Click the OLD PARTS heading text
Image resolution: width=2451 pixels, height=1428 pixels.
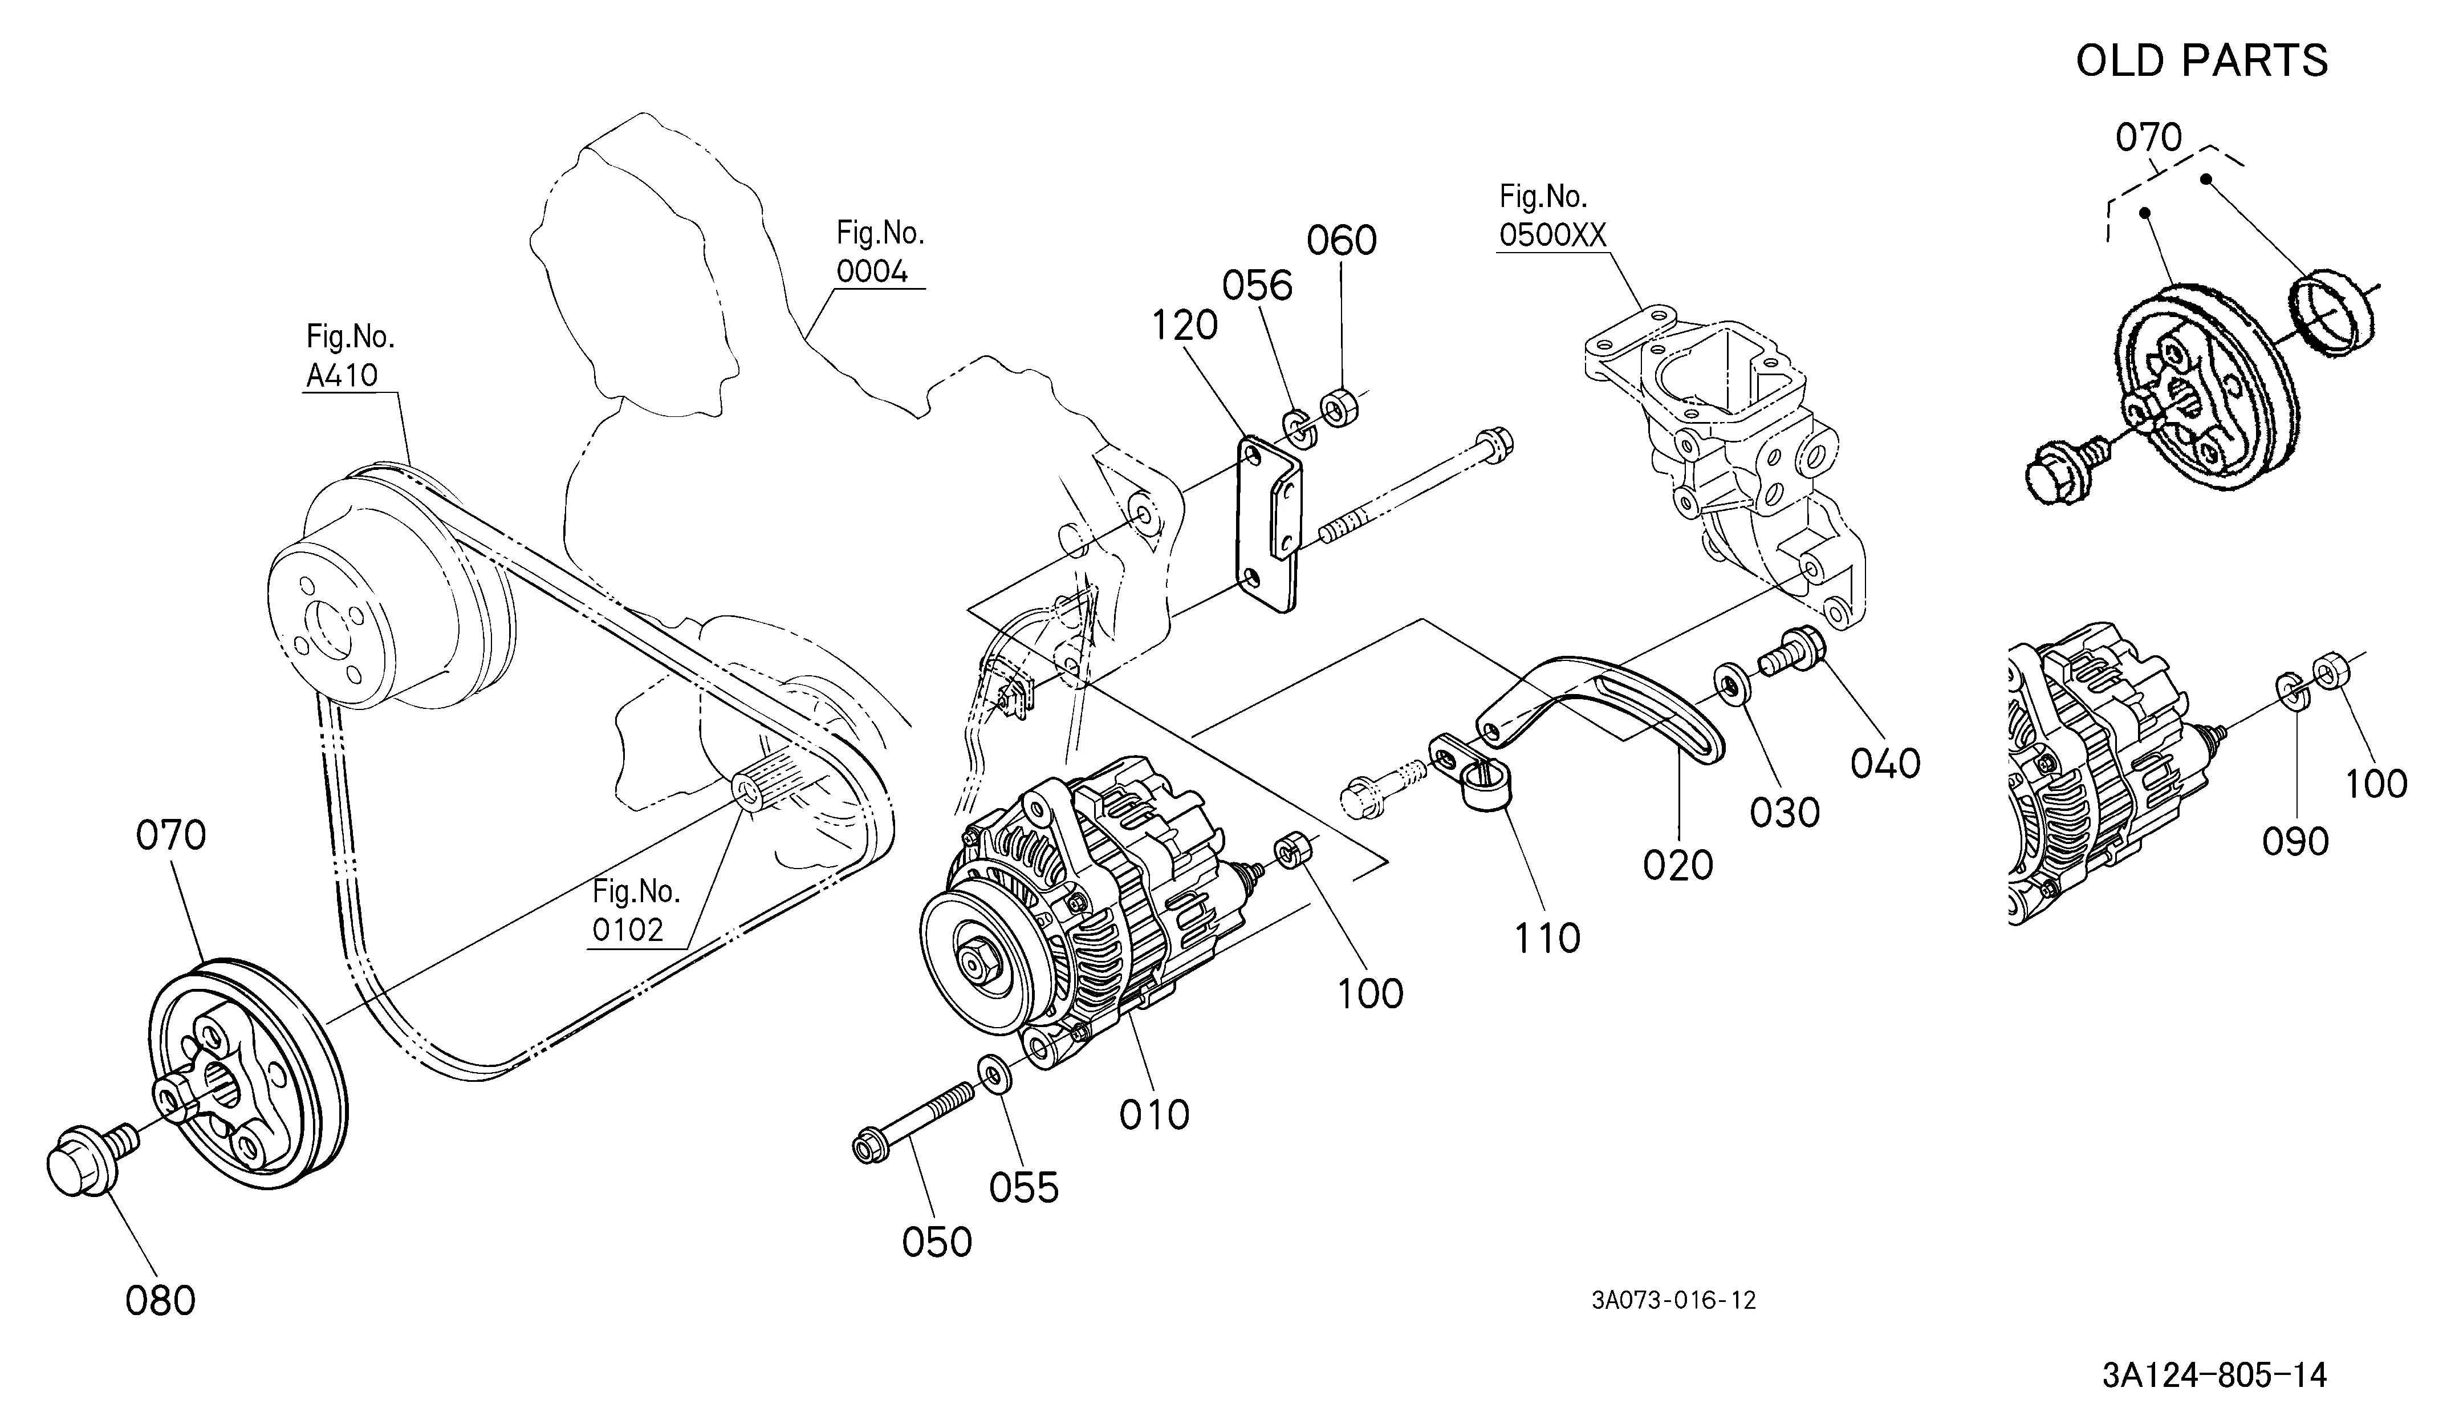pos(2202,61)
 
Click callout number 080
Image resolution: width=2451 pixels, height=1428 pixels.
pos(160,1301)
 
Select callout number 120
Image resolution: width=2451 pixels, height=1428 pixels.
pos(1185,326)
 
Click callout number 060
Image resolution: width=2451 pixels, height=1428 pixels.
pos(1342,240)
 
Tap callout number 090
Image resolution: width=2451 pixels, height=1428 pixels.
pos(2295,841)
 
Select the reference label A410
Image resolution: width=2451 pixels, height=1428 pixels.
pos(342,375)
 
